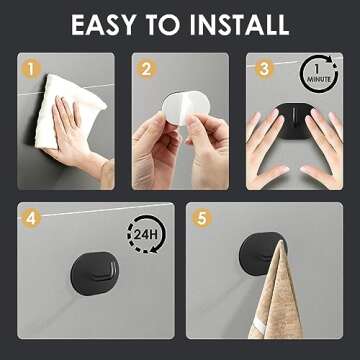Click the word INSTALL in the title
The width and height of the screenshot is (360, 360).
pyautogui.click(x=239, y=25)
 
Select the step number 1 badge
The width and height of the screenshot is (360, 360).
pyautogui.click(x=31, y=70)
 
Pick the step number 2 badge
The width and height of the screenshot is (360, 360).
pyautogui.click(x=147, y=70)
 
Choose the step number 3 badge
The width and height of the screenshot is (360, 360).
pyautogui.click(x=264, y=69)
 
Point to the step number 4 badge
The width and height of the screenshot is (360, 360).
pyautogui.click(x=31, y=218)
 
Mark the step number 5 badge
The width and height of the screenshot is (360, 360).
pyautogui.click(x=202, y=218)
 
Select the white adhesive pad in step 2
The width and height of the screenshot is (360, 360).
pyautogui.click(x=186, y=107)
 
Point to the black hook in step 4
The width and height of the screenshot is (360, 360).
pyautogui.click(x=95, y=273)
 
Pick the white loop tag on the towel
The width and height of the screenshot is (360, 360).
pyautogui.click(x=260, y=325)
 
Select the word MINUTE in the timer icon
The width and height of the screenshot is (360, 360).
pyautogui.click(x=319, y=79)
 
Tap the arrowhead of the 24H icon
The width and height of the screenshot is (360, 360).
pyautogui.click(x=154, y=249)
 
